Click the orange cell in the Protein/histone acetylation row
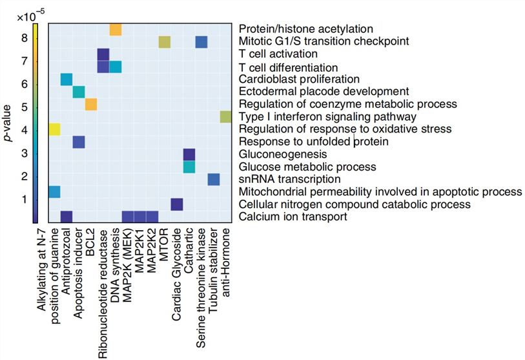pyautogui.click(x=116, y=30)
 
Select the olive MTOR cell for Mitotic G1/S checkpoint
pyautogui.click(x=165, y=42)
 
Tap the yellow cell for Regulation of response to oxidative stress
pyautogui.click(x=54, y=129)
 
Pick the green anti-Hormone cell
pyautogui.click(x=225, y=117)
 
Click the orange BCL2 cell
pyautogui.click(x=91, y=105)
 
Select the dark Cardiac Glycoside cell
pyautogui.click(x=177, y=204)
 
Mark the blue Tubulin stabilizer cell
pyautogui.click(x=214, y=179)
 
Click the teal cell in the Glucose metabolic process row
pyautogui.click(x=189, y=167)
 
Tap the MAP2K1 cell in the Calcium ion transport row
pyautogui.click(x=140, y=217)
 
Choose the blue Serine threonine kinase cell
pyautogui.click(x=201, y=42)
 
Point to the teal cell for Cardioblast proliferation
pyautogui.click(x=66, y=79)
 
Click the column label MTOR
pyautogui.click(x=165, y=236)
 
